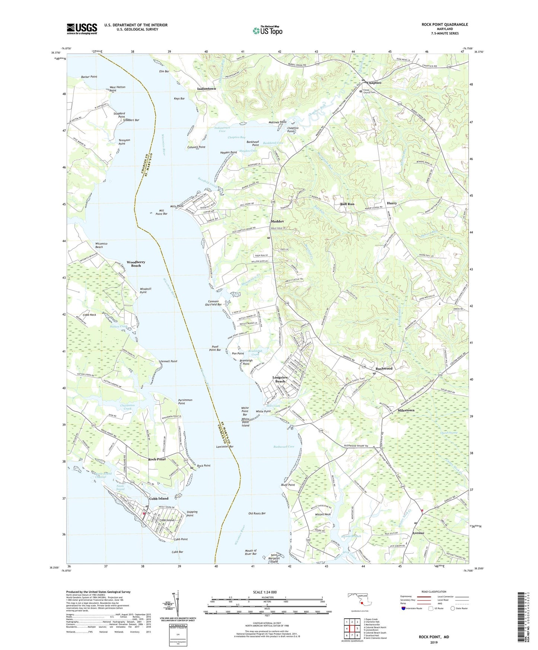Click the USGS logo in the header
[82, 29]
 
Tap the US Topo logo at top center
[267, 30]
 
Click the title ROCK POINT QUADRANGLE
[445, 25]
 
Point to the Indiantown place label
[206, 89]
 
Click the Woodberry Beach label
[136, 264]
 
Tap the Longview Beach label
[280, 379]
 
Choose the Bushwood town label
[384, 369]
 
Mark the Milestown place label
[406, 410]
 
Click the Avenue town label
[418, 533]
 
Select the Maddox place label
[278, 221]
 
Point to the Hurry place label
[392, 203]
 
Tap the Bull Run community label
[347, 204]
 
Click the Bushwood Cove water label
[284, 446]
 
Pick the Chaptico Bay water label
[236, 137]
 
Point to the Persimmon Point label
[185, 402]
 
